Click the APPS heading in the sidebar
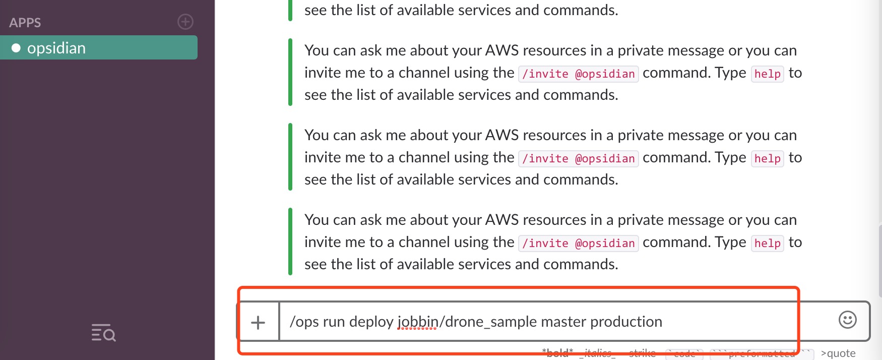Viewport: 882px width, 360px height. coord(25,23)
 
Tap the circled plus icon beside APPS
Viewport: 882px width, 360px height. coord(185,22)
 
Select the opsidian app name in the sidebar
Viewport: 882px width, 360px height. coord(56,48)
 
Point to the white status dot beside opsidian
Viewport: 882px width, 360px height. coord(16,48)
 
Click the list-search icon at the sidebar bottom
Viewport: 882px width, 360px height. coord(103,333)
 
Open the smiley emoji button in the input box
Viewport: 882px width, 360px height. coord(847,320)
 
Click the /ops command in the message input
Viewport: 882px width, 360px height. coord(304,322)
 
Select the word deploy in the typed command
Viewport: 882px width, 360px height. coord(371,322)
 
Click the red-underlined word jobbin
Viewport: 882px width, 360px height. coord(417,322)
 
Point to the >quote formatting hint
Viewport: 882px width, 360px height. coord(838,353)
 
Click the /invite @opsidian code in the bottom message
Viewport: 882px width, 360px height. coord(578,243)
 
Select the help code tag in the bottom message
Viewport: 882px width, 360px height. coord(767,243)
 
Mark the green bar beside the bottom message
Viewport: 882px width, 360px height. coord(290,242)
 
